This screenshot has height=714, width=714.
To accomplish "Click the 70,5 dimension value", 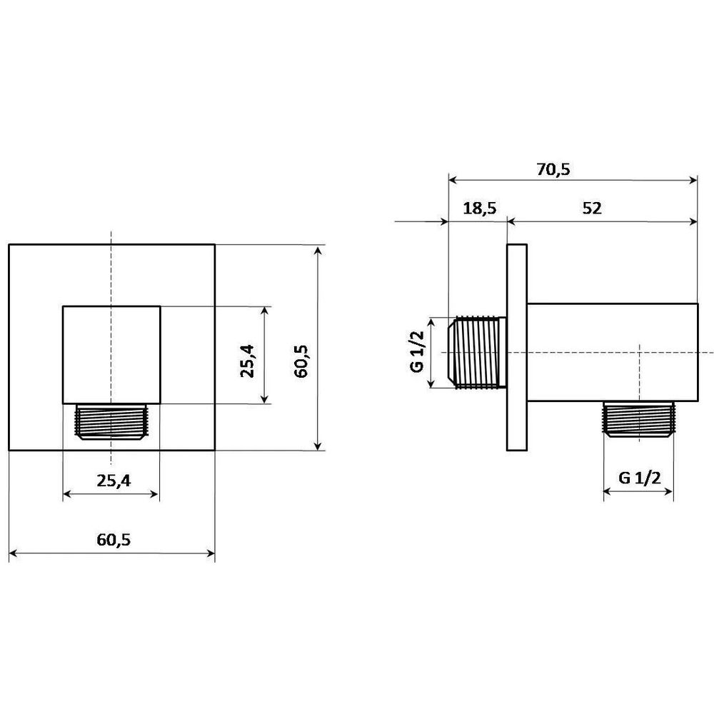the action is point(553,169).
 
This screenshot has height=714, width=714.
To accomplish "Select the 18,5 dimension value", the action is point(480,208).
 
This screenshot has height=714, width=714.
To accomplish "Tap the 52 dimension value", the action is point(592,208).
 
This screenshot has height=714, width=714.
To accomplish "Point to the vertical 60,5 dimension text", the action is point(301,361).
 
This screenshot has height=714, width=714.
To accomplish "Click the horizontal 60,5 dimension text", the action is point(114,540).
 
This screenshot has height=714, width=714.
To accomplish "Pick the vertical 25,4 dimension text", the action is point(248,361).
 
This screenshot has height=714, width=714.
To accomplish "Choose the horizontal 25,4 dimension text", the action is point(114,481).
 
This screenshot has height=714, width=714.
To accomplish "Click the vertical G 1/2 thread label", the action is point(417,351).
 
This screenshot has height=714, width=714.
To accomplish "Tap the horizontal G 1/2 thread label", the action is point(639,478).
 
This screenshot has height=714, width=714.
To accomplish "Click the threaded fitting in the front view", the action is point(111,421).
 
